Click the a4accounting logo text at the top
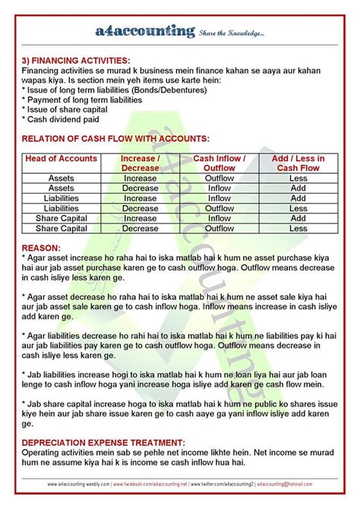[145, 32]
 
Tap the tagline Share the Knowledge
[232, 33]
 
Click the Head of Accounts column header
[62, 158]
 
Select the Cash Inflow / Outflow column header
[219, 163]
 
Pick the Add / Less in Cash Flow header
[298, 163]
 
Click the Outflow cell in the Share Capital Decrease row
[219, 228]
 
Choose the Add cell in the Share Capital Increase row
[298, 218]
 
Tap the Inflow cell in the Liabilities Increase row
[219, 198]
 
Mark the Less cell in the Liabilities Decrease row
[298, 208]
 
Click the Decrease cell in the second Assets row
[141, 188]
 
